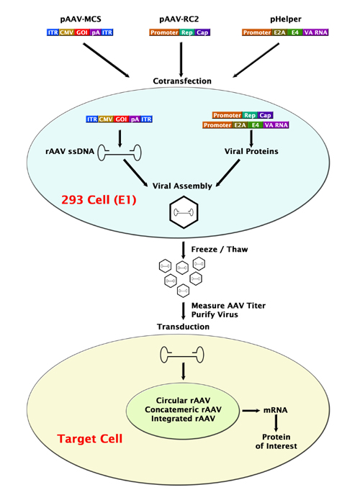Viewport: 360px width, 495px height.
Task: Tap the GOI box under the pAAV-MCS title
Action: click(x=82, y=32)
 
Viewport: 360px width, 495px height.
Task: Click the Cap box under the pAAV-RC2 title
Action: click(x=202, y=32)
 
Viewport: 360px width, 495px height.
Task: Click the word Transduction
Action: click(x=183, y=327)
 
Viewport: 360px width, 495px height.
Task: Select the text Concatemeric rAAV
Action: click(x=185, y=409)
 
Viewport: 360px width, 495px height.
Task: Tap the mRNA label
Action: click(x=275, y=409)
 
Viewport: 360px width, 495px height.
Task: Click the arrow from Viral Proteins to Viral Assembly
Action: click(x=231, y=170)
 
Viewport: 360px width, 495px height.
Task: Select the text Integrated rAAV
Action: click(x=185, y=420)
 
